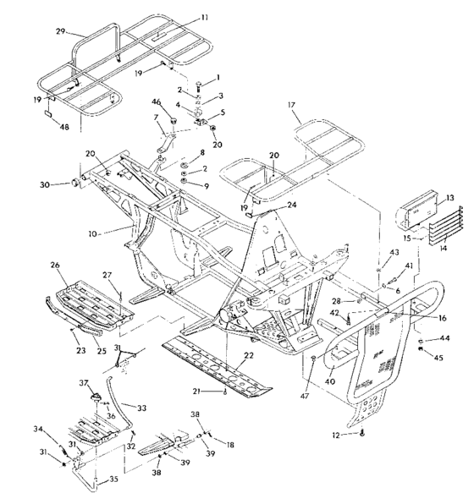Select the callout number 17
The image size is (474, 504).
coord(294,106)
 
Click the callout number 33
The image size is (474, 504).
coord(141,408)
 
